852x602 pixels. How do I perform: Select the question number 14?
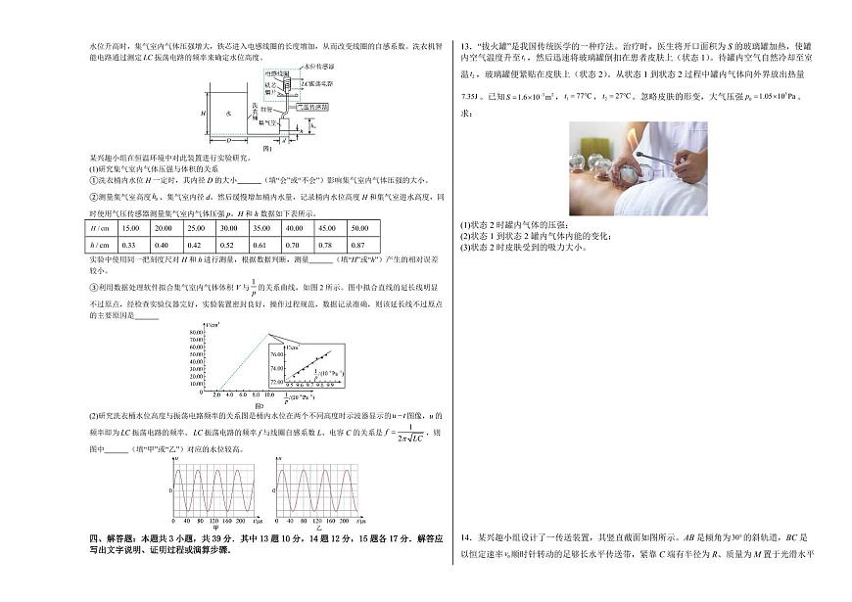click(466, 537)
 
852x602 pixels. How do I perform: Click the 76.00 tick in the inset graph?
click(277, 355)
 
